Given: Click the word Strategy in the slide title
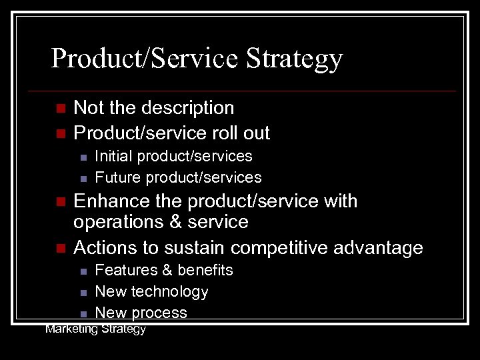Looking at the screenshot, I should tap(294, 59).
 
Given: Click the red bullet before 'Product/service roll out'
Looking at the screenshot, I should tap(60, 134).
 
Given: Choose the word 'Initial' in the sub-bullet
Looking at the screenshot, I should tap(113, 157).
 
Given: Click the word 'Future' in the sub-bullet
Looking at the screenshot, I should tap(118, 177).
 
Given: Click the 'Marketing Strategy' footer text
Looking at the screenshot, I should tap(95, 329).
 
